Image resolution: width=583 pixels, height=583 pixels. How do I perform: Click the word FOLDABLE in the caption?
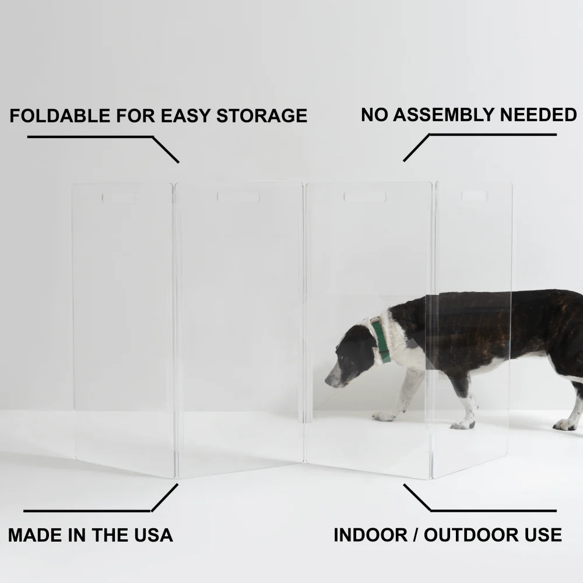click(x=60, y=115)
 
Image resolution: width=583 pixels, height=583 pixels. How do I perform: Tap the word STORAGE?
click(x=262, y=115)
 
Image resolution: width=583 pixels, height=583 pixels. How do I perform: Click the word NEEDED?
click(x=538, y=114)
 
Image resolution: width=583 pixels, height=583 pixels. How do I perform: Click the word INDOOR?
click(x=370, y=535)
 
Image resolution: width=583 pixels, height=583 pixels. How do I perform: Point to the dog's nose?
click(x=328, y=380)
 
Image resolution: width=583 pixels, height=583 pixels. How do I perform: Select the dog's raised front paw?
click(x=384, y=416)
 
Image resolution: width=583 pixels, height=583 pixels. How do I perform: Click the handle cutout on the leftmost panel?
click(x=119, y=198)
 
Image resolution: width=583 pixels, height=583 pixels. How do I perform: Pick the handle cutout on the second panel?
click(x=238, y=196)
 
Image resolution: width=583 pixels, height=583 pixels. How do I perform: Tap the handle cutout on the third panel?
click(x=365, y=196)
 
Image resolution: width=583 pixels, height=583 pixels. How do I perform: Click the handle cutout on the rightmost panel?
click(x=475, y=195)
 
